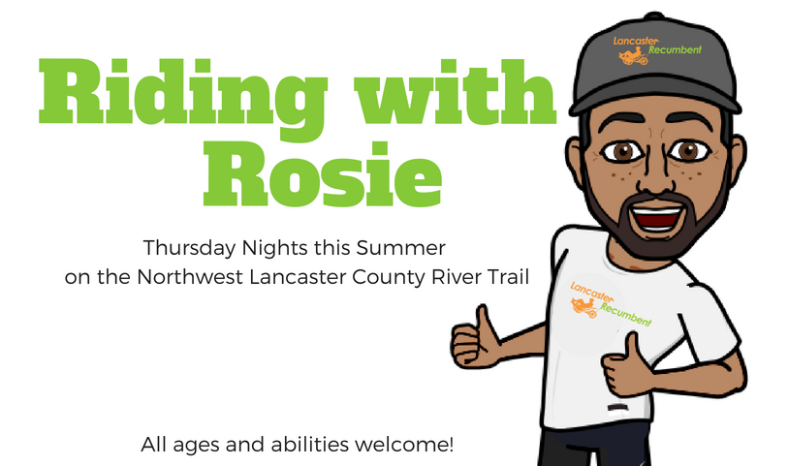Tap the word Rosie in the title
click(x=323, y=173)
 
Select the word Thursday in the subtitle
click(x=189, y=249)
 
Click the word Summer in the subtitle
click(x=401, y=248)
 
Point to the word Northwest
click(x=190, y=277)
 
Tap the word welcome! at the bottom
click(x=404, y=445)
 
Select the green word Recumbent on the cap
click(x=675, y=49)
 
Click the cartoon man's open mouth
click(x=657, y=217)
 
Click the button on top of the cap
click(x=654, y=16)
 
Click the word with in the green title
click(x=456, y=92)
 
